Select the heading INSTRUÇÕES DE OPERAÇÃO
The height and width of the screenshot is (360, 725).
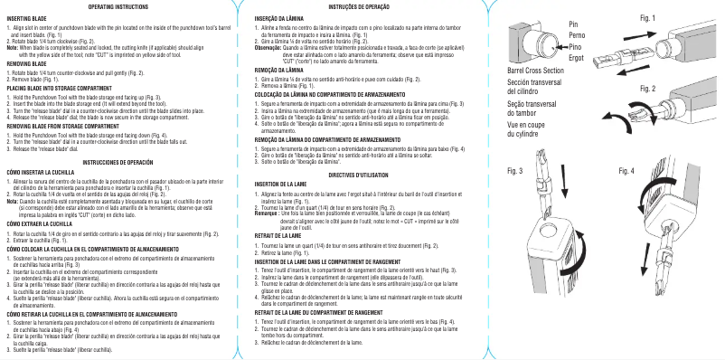click(x=356, y=6)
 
